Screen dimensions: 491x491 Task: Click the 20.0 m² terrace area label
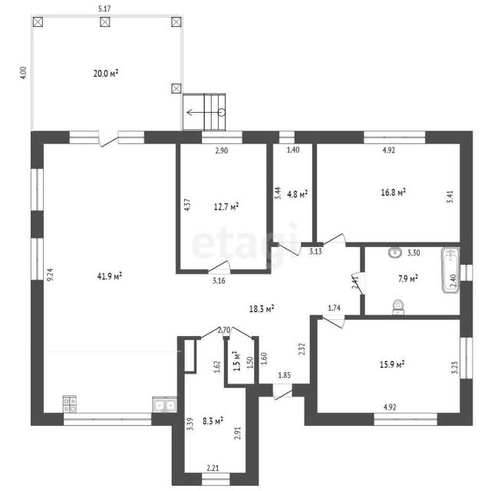point(106,74)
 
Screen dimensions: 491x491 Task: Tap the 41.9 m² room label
point(110,276)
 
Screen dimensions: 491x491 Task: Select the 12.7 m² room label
point(226,206)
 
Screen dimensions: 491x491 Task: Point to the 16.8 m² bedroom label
point(394,192)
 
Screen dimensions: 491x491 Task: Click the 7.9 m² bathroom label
point(408,278)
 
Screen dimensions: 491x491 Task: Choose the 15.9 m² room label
point(392,364)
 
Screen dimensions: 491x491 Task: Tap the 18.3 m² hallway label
point(262,309)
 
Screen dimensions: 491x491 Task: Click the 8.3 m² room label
point(213,420)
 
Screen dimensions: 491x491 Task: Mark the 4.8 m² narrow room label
point(297,194)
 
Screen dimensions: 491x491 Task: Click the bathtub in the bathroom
point(450,271)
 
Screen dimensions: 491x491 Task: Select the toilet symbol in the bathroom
point(398,307)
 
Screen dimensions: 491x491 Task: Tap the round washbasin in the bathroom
point(395,252)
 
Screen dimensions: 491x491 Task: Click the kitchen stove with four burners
point(70,404)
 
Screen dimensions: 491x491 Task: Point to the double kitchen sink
point(165,404)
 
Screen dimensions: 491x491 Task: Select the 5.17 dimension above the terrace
point(104,8)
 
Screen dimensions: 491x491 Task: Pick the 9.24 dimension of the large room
point(50,275)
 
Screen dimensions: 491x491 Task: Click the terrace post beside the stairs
point(176,89)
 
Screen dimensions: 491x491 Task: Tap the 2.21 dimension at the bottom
point(213,468)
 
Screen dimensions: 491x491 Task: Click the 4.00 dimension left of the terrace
point(24,73)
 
